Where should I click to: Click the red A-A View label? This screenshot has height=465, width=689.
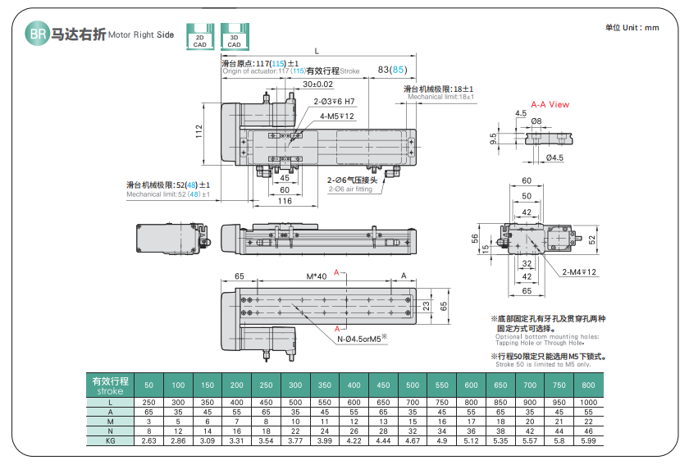(550, 105)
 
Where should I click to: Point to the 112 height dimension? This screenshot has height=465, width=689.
(198, 130)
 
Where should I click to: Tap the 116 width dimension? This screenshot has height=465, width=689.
(284, 201)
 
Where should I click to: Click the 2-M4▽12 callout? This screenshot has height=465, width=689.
(579, 271)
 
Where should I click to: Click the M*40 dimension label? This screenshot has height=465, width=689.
(316, 276)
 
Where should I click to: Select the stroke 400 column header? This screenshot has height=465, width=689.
(354, 385)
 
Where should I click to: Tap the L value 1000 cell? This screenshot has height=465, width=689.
(586, 403)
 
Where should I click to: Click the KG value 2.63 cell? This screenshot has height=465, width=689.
(148, 441)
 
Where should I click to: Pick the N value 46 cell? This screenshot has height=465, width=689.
(586, 431)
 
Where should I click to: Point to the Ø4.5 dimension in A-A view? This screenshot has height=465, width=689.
(554, 157)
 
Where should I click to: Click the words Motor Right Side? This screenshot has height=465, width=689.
(141, 36)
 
